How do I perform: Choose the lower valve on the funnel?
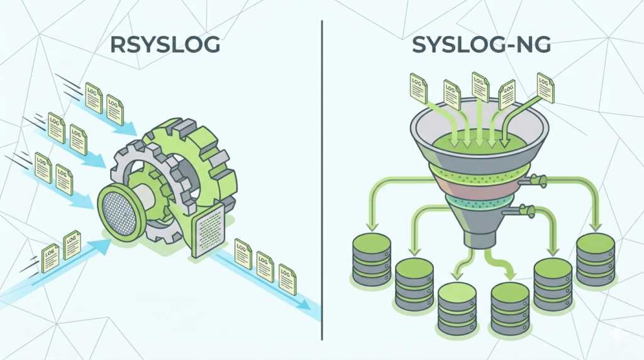pyautogui.click(x=527, y=210)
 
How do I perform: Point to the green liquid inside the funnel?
pyautogui.click(x=477, y=140)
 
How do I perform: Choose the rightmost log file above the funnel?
pyautogui.click(x=545, y=87)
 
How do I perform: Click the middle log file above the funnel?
pyautogui.click(x=480, y=87)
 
